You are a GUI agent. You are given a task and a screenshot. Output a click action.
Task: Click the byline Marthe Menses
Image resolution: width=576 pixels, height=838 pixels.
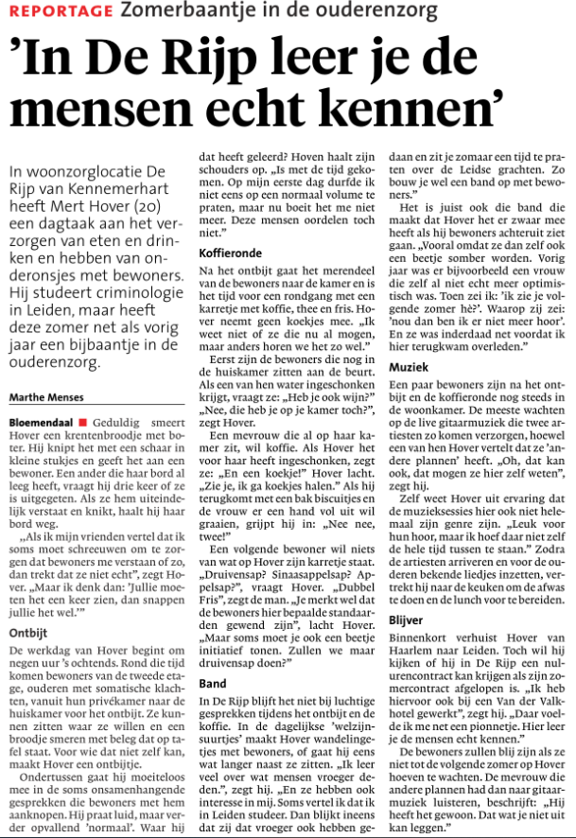[x=44, y=396]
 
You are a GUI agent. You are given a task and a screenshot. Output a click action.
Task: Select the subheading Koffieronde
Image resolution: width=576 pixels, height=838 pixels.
[x=231, y=253]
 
